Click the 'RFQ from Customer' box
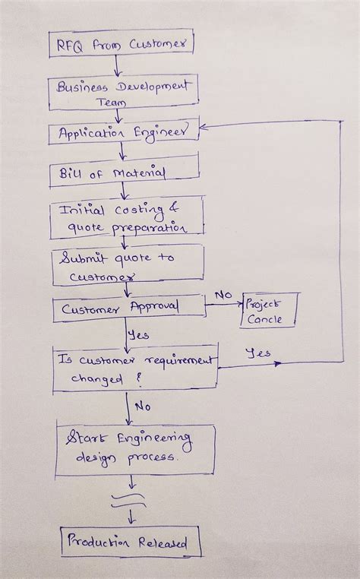point(121,44)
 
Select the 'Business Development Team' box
point(123,91)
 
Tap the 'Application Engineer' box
point(125,133)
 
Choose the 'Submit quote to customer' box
point(127,265)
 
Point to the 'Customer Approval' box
point(128,308)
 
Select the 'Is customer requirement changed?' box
point(135,369)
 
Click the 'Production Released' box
point(131,542)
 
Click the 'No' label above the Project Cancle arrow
point(223,294)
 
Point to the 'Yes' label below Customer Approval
point(138,334)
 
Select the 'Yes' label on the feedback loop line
point(259,353)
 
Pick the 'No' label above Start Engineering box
point(142,406)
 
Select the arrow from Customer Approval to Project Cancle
point(224,306)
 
